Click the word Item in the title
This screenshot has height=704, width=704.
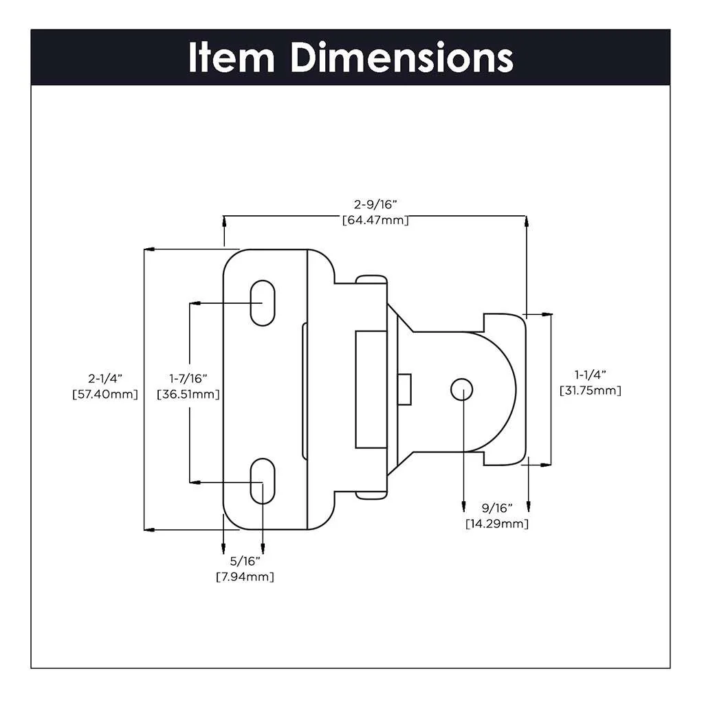[232, 58]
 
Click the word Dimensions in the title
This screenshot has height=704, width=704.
[401, 58]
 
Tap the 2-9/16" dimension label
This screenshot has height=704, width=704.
[375, 205]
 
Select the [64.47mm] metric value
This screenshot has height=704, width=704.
[375, 221]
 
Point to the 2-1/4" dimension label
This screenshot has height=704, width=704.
[104, 378]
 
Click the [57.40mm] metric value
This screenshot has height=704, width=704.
[104, 395]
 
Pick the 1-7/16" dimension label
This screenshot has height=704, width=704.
[188, 378]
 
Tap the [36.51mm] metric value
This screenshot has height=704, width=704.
[188, 395]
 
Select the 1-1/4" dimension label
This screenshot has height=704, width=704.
[590, 375]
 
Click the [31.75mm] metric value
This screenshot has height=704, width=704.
[590, 390]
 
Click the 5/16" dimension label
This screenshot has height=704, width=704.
[244, 561]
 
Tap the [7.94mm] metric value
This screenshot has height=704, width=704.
[244, 577]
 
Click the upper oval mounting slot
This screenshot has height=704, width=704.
[261, 302]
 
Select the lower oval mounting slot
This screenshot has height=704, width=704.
[261, 482]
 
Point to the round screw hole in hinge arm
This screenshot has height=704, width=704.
[462, 390]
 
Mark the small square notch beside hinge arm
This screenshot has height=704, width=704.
[405, 389]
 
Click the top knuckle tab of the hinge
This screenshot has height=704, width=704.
[371, 279]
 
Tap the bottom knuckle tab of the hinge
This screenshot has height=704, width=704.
[371, 494]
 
